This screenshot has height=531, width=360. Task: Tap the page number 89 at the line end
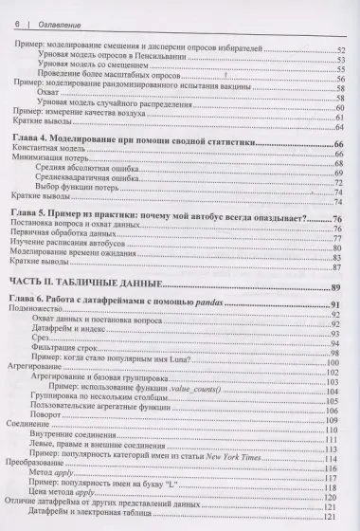(334, 287)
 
